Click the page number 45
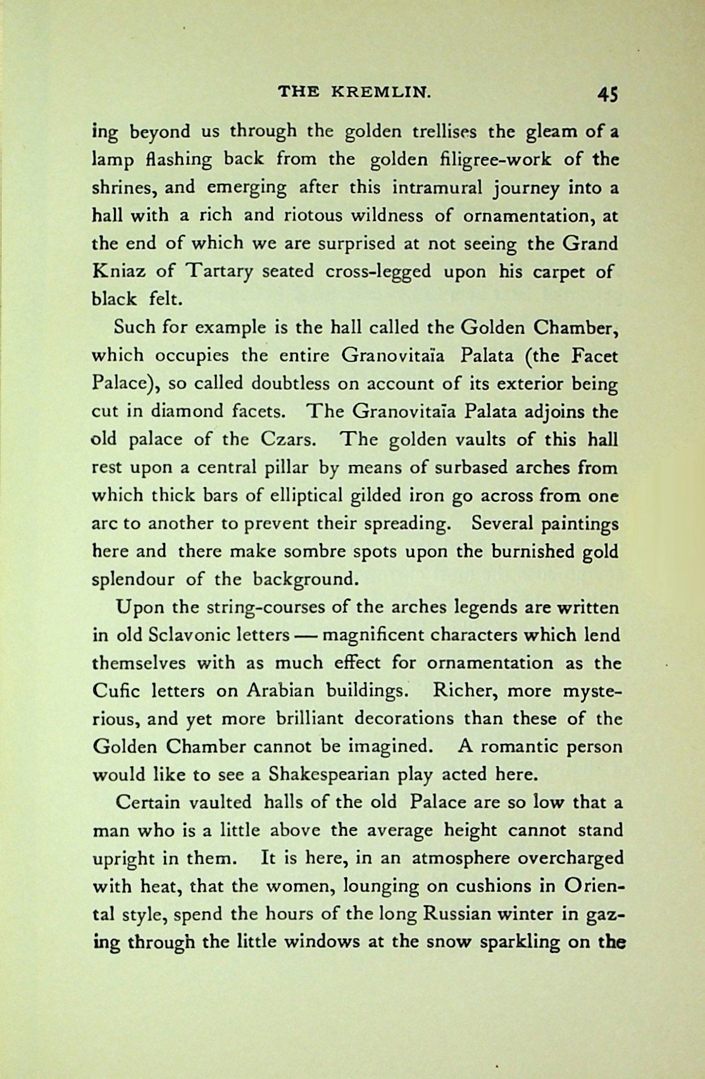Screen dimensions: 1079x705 click(606, 95)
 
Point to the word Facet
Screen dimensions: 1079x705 click(594, 356)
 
